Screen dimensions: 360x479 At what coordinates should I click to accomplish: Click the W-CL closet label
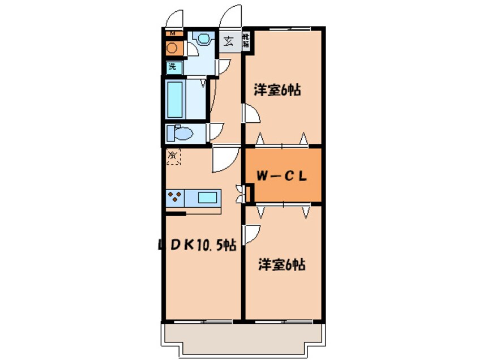coord(282,175)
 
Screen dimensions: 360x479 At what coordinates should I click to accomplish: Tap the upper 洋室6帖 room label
coord(277,89)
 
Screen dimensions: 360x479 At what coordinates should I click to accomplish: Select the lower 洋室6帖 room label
coord(281,264)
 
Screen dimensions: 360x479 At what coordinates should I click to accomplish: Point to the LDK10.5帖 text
coord(196,245)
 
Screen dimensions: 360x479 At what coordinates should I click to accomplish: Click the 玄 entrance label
coord(229,41)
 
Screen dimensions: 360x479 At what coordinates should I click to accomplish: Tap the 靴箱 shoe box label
coord(247,40)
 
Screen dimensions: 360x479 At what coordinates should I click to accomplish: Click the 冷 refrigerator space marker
coord(173,155)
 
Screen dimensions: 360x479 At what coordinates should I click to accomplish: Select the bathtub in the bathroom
coord(177,98)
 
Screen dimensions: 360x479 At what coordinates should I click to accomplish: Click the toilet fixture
coord(181,134)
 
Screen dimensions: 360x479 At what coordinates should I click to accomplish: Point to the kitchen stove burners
coord(175,198)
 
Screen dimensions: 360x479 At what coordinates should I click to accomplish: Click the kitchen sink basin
coord(207,198)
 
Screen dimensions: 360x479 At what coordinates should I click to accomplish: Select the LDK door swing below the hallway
coord(224,160)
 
